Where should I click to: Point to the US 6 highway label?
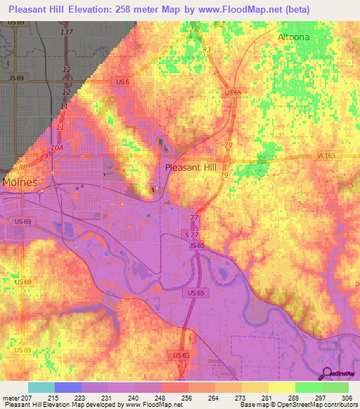coord(123,82)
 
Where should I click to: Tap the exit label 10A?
coord(57,148)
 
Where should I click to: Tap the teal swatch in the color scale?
coord(41,387)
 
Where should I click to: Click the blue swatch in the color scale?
coord(67,387)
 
